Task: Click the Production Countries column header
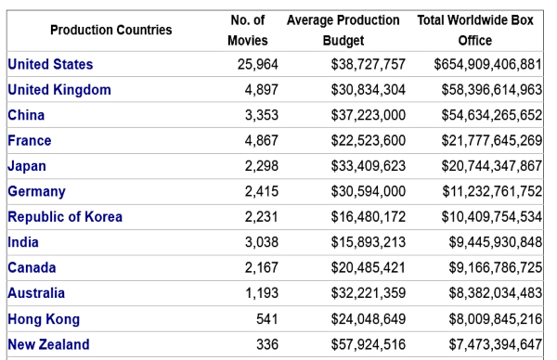click(x=110, y=30)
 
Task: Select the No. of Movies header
click(x=247, y=30)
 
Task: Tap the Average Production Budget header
click(x=343, y=30)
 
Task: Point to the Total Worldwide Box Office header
click(x=474, y=30)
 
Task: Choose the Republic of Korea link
click(x=65, y=217)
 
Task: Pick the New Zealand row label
click(x=48, y=344)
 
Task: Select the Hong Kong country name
click(x=44, y=319)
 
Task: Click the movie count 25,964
click(x=254, y=65)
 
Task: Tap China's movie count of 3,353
click(x=260, y=116)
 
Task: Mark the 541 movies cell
click(x=266, y=319)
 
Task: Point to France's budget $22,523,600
click(x=369, y=141)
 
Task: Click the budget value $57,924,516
click(x=369, y=344)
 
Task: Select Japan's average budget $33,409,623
click(x=369, y=166)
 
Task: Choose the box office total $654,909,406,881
click(x=487, y=65)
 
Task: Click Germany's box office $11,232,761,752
click(x=491, y=192)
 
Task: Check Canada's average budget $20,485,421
click(x=369, y=268)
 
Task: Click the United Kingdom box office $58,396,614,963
click(x=491, y=90)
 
